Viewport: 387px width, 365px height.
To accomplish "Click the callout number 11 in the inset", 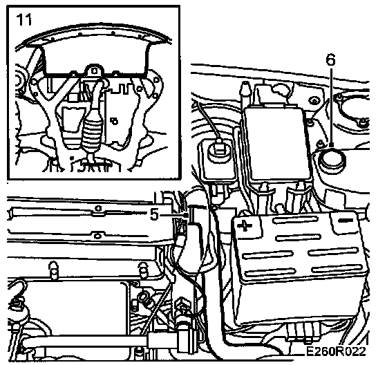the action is click(x=24, y=19).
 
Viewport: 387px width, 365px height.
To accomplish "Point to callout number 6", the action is click(x=331, y=59).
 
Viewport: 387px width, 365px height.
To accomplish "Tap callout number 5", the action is click(x=154, y=214).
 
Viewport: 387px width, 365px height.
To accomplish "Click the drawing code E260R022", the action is click(x=336, y=351).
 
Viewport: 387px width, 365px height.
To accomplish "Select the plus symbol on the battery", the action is click(x=245, y=225).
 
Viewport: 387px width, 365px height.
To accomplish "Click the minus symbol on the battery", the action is click(x=346, y=220).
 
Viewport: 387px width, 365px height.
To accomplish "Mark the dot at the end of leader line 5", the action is click(x=187, y=215).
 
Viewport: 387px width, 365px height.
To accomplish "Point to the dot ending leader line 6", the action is click(x=332, y=144).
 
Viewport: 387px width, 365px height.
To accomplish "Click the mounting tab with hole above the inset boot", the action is click(x=94, y=71).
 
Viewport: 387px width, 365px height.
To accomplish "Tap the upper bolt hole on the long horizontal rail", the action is click(x=98, y=208).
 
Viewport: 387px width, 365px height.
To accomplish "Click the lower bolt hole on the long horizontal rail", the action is click(x=97, y=236).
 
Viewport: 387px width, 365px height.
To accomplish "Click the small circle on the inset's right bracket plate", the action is click(x=115, y=121).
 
